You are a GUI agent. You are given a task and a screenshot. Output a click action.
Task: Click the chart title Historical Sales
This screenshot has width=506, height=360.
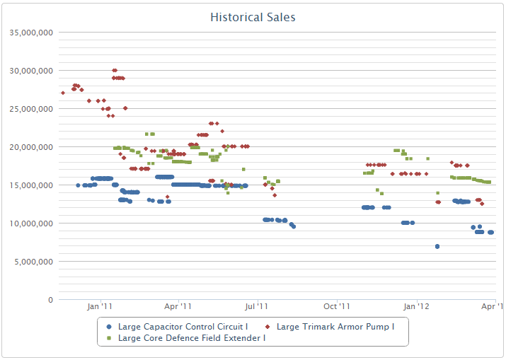pos(253,17)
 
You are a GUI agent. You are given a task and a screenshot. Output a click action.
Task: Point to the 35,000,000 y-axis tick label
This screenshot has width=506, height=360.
pos(29,33)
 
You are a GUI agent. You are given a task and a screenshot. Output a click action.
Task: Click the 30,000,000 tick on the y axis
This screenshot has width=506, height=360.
pos(29,71)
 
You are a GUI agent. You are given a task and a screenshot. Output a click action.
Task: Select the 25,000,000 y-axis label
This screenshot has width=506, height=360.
pos(29,109)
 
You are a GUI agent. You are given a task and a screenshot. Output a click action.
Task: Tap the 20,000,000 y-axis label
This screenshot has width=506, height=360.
pos(29,147)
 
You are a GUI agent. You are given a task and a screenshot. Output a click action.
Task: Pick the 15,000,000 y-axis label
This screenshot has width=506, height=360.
pos(29,185)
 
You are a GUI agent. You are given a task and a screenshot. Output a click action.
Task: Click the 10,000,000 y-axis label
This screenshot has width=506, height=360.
pos(29,223)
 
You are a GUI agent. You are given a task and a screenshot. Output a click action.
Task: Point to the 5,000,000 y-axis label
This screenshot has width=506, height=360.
pos(32,262)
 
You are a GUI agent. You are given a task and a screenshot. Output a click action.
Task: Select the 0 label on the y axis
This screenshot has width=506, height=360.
pos(50,300)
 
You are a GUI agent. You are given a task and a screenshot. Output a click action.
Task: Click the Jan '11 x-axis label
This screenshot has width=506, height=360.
pos(100,307)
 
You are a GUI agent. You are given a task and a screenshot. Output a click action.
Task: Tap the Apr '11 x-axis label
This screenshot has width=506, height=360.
pos(178,307)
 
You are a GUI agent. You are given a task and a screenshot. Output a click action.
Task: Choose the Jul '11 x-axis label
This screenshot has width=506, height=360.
pos(256,307)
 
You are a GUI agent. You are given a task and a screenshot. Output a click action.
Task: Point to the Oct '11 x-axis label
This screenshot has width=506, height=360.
pos(336,307)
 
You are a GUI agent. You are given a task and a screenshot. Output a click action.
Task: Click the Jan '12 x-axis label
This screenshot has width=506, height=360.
pos(416,307)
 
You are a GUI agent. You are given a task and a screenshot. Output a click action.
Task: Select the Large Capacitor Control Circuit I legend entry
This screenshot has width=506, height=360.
pos(183,327)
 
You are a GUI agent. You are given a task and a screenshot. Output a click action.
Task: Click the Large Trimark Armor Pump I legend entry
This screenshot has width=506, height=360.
pos(335,327)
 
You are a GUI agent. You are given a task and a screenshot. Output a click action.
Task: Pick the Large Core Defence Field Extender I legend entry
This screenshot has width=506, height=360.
pos(191,338)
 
